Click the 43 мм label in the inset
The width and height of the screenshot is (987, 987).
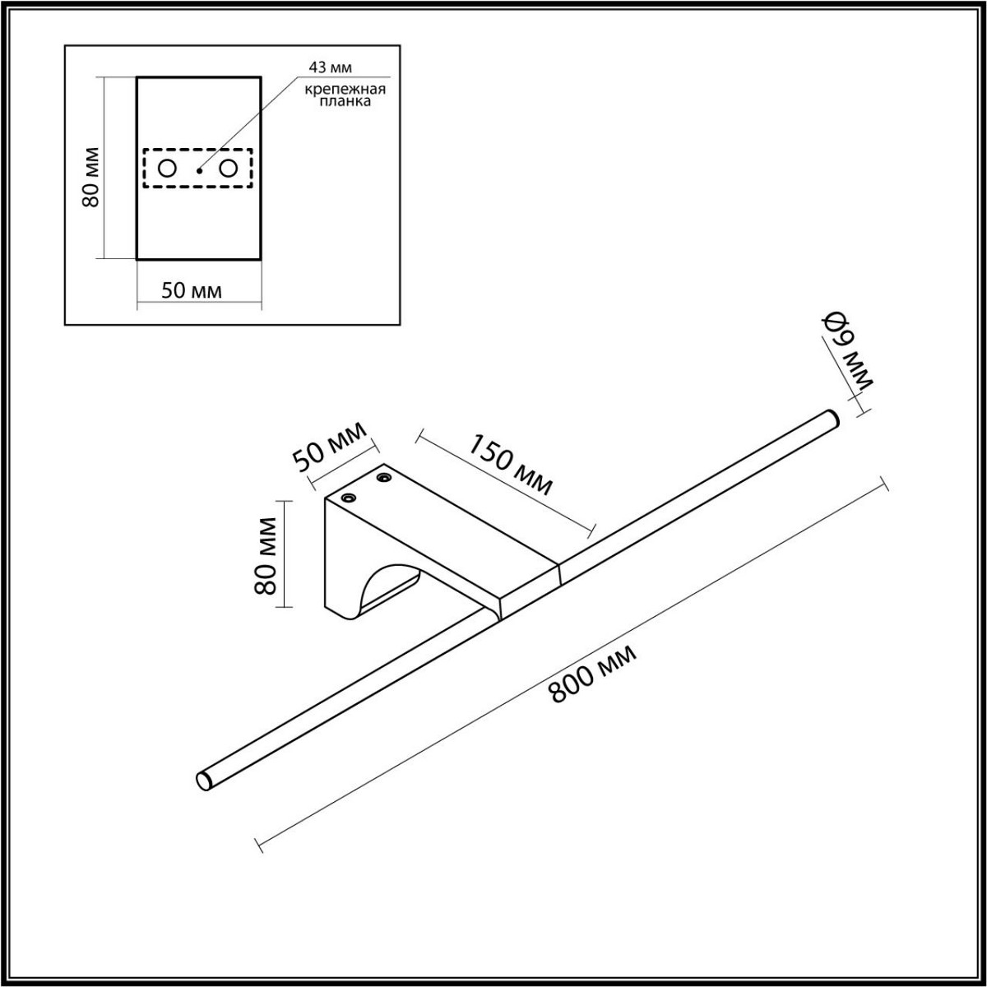(331, 68)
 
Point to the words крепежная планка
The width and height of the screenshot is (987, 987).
(335, 96)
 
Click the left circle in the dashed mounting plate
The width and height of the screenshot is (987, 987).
(167, 169)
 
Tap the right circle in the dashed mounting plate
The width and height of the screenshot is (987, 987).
(228, 169)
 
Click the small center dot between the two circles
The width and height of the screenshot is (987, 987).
(199, 170)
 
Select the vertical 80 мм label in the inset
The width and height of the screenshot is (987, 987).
(91, 178)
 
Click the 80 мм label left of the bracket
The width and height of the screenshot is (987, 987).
(265, 554)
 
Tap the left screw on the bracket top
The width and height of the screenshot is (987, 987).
(349, 498)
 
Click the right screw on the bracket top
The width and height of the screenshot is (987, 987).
(382, 476)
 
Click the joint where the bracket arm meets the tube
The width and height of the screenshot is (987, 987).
(559, 572)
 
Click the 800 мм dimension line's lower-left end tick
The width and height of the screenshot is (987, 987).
(259, 842)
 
